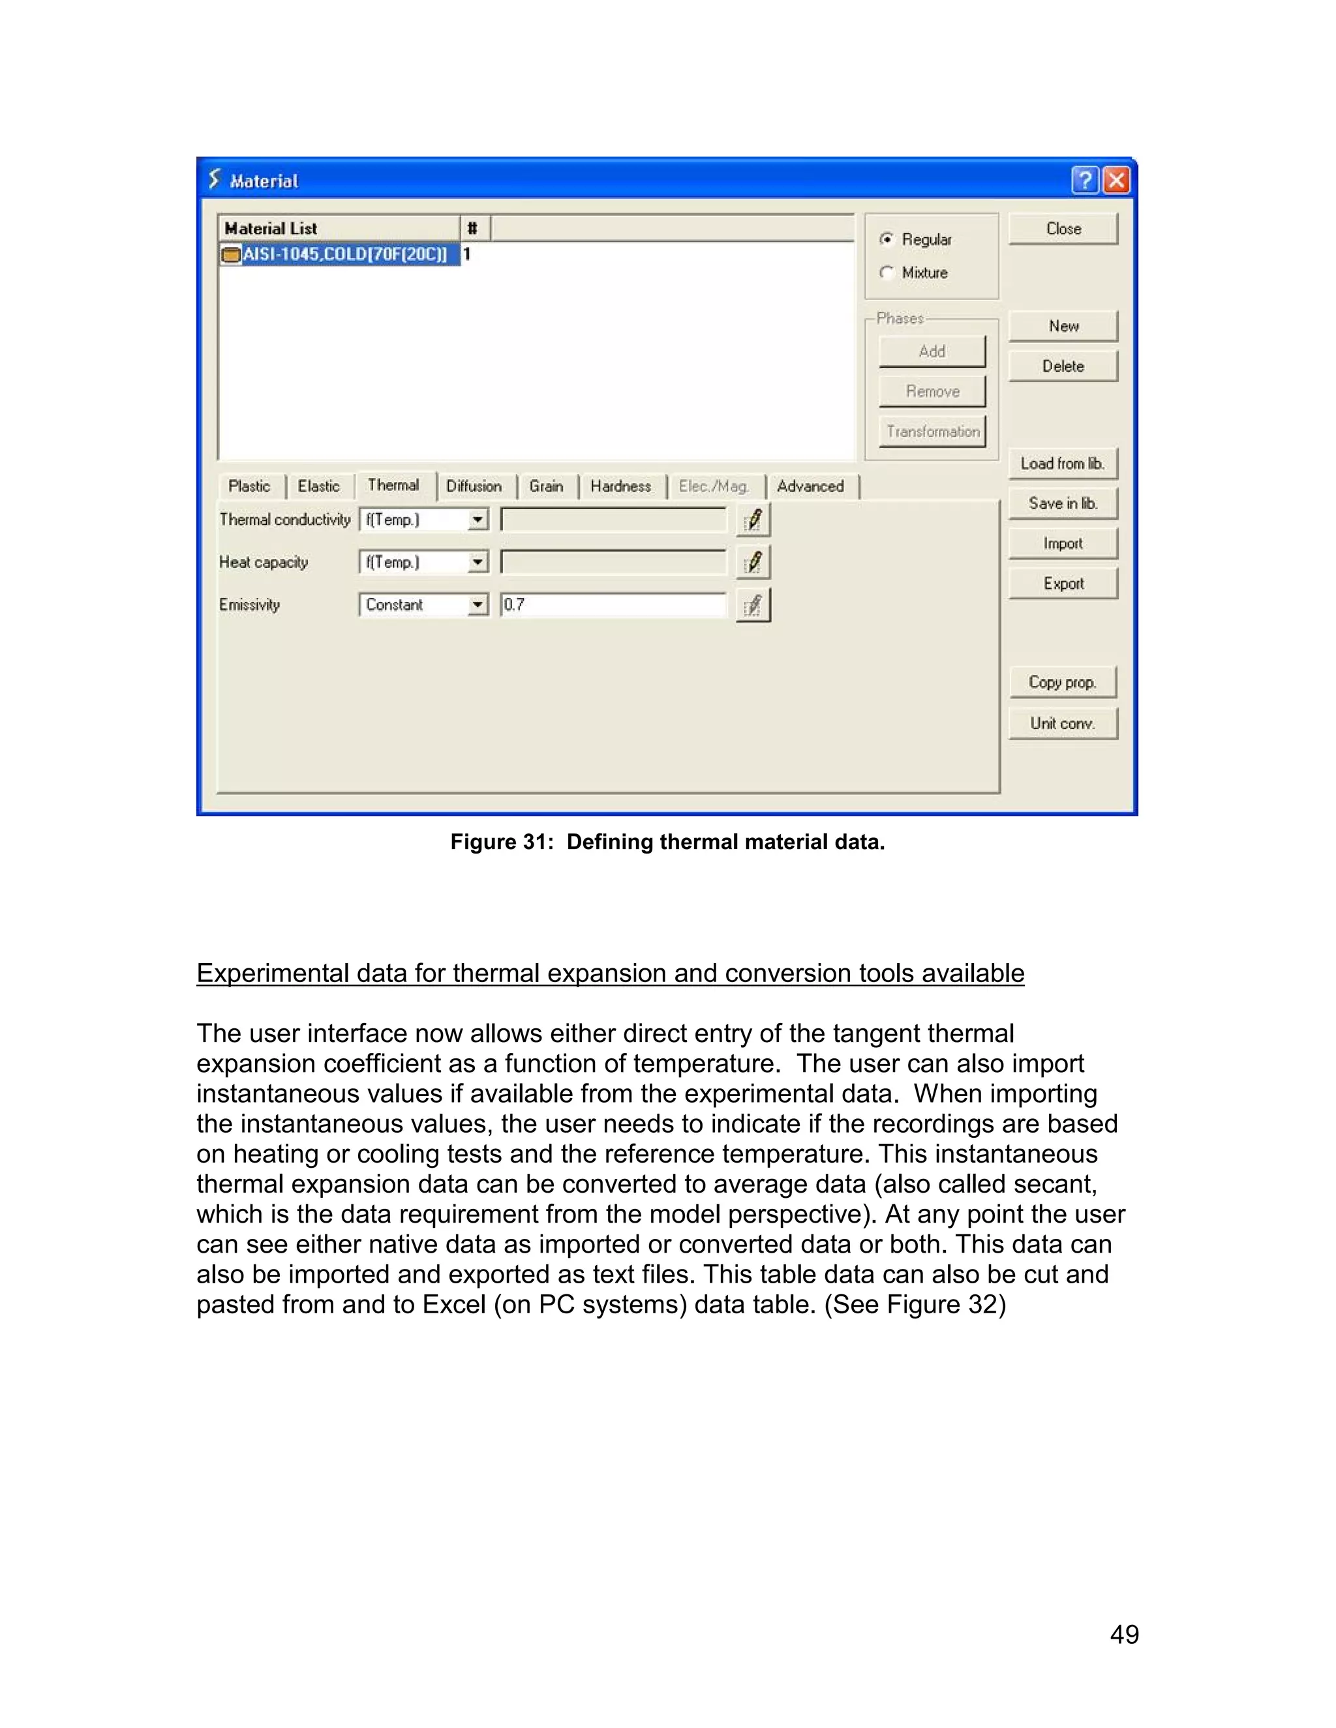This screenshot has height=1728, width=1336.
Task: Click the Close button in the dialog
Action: (x=1062, y=229)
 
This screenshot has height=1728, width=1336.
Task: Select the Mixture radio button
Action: (x=887, y=273)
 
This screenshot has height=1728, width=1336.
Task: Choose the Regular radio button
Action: (x=887, y=239)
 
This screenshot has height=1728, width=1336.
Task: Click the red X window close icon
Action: (x=1116, y=181)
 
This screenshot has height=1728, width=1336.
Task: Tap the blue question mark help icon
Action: (x=1085, y=181)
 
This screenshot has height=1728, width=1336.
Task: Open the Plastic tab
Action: (x=249, y=486)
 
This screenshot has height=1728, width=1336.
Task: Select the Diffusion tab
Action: (x=474, y=486)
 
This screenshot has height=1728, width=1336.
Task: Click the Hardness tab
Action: (x=620, y=486)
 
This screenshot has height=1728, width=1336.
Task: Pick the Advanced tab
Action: (x=810, y=486)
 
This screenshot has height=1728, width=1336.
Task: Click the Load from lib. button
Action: (x=1062, y=464)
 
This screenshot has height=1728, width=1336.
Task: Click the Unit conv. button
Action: (x=1062, y=723)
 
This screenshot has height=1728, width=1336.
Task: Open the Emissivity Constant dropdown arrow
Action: (x=478, y=605)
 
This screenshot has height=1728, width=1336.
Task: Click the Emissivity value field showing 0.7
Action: (x=613, y=605)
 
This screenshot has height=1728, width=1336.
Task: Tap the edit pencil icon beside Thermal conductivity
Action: (x=753, y=520)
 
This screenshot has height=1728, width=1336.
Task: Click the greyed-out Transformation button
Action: (x=932, y=431)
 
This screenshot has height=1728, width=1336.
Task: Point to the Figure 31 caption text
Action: (x=667, y=842)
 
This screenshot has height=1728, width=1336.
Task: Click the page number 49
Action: (x=1124, y=1635)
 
